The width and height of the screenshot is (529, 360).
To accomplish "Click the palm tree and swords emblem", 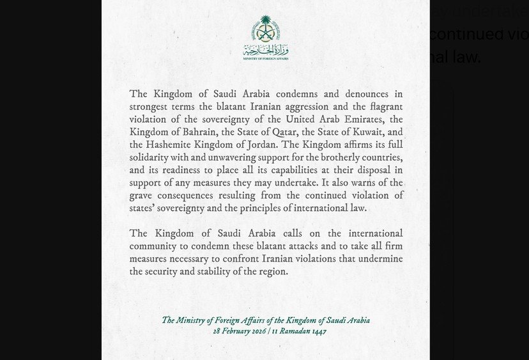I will click(266, 29).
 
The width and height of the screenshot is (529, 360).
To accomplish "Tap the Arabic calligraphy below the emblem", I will click(266, 50).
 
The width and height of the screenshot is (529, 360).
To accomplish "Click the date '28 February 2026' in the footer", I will click(240, 331).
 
